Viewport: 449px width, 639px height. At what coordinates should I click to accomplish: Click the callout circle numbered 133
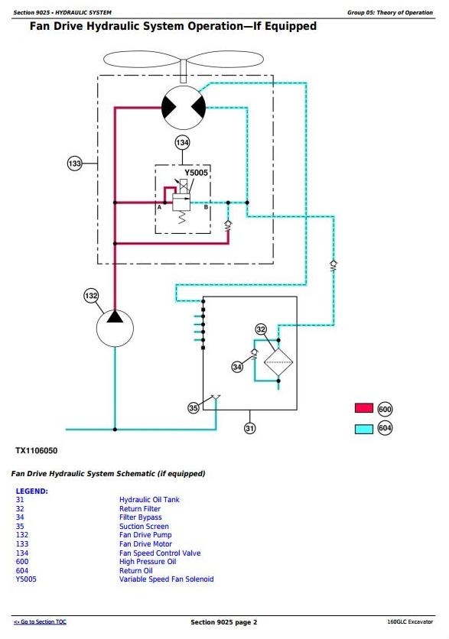75,164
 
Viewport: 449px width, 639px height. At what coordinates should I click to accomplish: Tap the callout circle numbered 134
182,143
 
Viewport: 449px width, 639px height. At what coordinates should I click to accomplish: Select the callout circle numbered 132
91,296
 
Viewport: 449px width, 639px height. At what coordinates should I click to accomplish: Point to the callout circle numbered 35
194,408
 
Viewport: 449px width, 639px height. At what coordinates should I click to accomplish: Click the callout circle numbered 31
249,428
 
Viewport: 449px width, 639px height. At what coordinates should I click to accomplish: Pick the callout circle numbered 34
237,367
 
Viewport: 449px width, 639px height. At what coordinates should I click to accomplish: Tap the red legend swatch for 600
364,408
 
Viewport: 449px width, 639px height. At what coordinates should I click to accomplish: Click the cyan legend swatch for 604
364,429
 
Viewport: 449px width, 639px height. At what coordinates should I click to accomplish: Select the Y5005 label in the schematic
196,173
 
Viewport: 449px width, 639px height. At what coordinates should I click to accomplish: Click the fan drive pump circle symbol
115,329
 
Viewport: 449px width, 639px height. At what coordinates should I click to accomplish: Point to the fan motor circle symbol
184,108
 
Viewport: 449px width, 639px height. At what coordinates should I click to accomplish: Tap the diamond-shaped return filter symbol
278,362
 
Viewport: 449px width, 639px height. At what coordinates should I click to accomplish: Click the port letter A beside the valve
159,207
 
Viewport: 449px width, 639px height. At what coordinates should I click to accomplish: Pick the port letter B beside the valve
206,207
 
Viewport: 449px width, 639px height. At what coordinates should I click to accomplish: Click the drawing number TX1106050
36,451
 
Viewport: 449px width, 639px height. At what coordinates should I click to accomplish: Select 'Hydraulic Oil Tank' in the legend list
149,500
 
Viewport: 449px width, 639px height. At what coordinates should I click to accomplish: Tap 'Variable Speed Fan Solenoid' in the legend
167,579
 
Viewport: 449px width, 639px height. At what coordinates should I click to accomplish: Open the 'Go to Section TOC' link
40,622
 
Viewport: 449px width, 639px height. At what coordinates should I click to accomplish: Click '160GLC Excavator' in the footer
410,622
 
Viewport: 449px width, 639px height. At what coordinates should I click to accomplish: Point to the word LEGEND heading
32,491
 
